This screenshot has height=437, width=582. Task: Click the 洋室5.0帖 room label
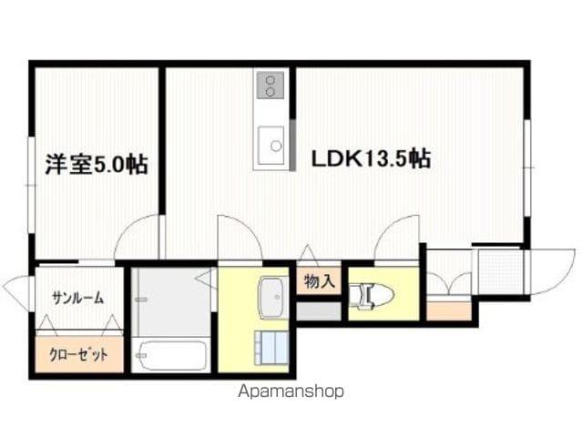pyautogui.click(x=97, y=165)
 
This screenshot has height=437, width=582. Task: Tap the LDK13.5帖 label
pyautogui.click(x=371, y=158)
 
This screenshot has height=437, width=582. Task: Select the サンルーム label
pyautogui.click(x=77, y=298)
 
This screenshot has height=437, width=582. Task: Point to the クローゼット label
pyautogui.click(x=78, y=355)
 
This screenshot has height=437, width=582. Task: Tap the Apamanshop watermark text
pyautogui.click(x=291, y=391)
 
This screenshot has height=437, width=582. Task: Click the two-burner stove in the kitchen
pyautogui.click(x=271, y=86)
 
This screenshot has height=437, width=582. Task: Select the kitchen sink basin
pyautogui.click(x=271, y=145)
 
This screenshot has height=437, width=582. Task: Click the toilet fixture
pyautogui.click(x=372, y=295)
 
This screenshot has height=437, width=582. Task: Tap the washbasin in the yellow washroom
pyautogui.click(x=273, y=298)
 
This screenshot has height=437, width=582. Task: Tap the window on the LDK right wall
pyautogui.click(x=527, y=168)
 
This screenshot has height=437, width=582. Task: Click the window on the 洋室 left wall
pyautogui.click(x=32, y=185)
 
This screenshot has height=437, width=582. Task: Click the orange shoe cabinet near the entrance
pyautogui.click(x=449, y=310)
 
